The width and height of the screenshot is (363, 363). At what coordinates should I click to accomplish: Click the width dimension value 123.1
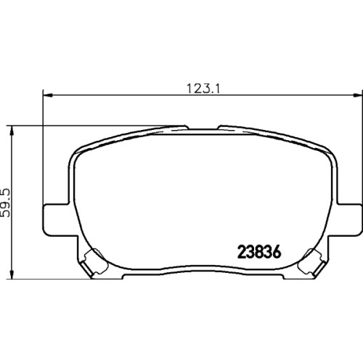point(203,89)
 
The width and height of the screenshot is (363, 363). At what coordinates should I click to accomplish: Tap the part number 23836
point(259,252)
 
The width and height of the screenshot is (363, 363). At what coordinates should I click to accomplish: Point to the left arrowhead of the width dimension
point(48,95)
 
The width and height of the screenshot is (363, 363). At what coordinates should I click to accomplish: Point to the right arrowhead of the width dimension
point(358,95)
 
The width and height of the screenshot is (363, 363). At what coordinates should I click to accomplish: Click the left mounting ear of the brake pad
point(56,219)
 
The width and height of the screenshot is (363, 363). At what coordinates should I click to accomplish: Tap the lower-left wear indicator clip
point(95,262)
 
